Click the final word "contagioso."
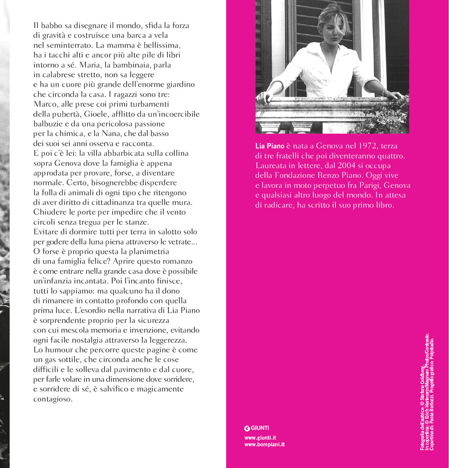(x=53, y=399)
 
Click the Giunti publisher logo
(x=257, y=428)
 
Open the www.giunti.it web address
(x=260, y=437)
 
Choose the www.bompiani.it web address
(x=264, y=445)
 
